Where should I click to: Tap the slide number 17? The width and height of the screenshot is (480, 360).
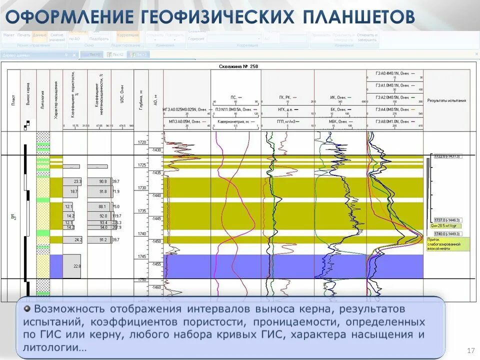[x=470, y=350]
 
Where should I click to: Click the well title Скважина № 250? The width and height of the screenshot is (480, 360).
[x=238, y=66]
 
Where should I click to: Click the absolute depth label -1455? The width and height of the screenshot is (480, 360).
[x=156, y=264]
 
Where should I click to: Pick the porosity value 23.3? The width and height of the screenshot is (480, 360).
[x=77, y=181]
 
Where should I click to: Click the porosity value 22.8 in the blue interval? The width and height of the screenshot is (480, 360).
[x=77, y=266]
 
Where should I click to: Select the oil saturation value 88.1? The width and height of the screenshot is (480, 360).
[x=102, y=206]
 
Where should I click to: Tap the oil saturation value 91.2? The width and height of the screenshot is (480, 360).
[x=103, y=240]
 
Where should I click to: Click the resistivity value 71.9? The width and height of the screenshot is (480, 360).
[x=116, y=191]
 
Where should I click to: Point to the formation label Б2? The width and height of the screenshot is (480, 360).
[x=14, y=217]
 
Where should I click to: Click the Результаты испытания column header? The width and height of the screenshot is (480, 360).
[x=446, y=100]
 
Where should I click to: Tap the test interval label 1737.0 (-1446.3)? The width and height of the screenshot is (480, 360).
[x=446, y=220]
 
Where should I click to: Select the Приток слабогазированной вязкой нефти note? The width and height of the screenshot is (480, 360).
[x=447, y=243]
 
